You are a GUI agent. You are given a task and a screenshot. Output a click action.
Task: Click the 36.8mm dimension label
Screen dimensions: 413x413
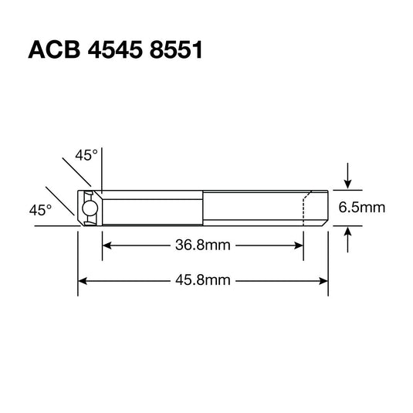pyautogui.click(x=203, y=246)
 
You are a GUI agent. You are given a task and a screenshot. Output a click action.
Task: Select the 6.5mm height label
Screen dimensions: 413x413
pyautogui.click(x=362, y=208)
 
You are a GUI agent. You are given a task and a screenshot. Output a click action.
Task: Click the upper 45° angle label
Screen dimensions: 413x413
pyautogui.click(x=86, y=155)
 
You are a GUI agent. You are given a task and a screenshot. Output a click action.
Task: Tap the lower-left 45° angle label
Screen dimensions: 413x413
pyautogui.click(x=40, y=209)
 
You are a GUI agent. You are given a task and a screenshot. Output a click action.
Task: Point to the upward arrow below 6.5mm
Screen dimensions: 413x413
pyautogui.click(x=349, y=233)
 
